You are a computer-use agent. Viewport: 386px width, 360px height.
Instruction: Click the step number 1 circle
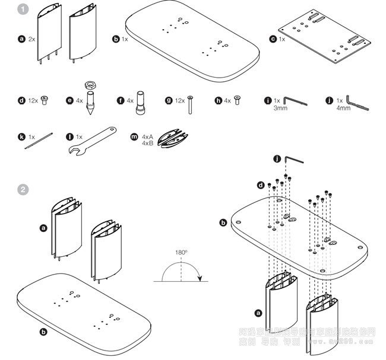click(23, 9)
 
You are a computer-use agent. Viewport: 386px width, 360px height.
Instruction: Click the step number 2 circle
click(23, 190)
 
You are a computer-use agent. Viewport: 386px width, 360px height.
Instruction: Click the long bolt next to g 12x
click(190, 104)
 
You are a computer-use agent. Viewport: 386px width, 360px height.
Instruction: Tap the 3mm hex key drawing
click(295, 102)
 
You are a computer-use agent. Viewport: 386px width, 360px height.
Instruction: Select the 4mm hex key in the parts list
click(357, 103)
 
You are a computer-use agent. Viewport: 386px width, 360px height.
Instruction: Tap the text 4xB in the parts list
click(148, 144)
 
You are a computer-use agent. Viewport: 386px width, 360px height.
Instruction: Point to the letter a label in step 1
click(21, 39)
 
